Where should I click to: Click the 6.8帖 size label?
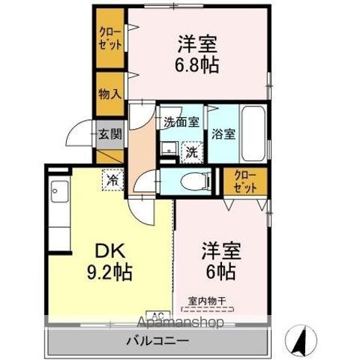[x=196, y=65]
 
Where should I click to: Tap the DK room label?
[x=110, y=250]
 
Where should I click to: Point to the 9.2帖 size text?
[x=109, y=272]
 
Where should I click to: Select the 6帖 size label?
[x=220, y=271]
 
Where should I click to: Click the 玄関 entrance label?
[x=110, y=134]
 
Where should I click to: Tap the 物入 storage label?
[x=110, y=94]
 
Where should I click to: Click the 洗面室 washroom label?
[x=181, y=122]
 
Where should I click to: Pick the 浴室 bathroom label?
[x=223, y=134]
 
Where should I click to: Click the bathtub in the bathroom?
[x=253, y=134]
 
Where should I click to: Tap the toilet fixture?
[x=196, y=181]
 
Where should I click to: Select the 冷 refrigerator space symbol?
[x=112, y=179]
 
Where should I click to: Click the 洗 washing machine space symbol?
[x=192, y=152]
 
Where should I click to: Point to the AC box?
[x=158, y=314]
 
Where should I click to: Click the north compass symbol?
[x=301, y=340]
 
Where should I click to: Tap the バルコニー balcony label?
[x=157, y=340]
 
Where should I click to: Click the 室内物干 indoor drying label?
[x=207, y=301]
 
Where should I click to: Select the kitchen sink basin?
[x=59, y=191]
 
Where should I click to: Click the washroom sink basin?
[x=169, y=149]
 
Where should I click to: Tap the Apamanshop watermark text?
[x=181, y=322]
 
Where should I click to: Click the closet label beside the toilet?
[x=245, y=181]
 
